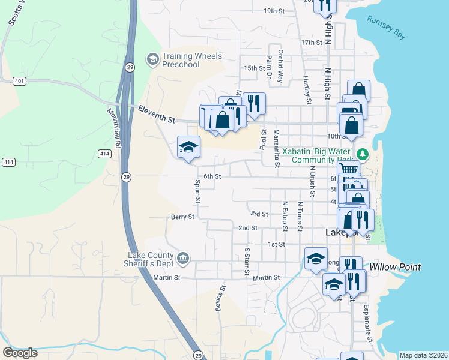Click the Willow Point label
[x=395, y=267]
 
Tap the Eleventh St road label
[x=156, y=114]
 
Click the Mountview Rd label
[x=114, y=127]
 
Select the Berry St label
[x=183, y=217]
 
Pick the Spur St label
[x=197, y=191]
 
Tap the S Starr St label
[x=247, y=261]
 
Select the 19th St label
[x=273, y=11]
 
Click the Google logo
[x=20, y=353]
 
